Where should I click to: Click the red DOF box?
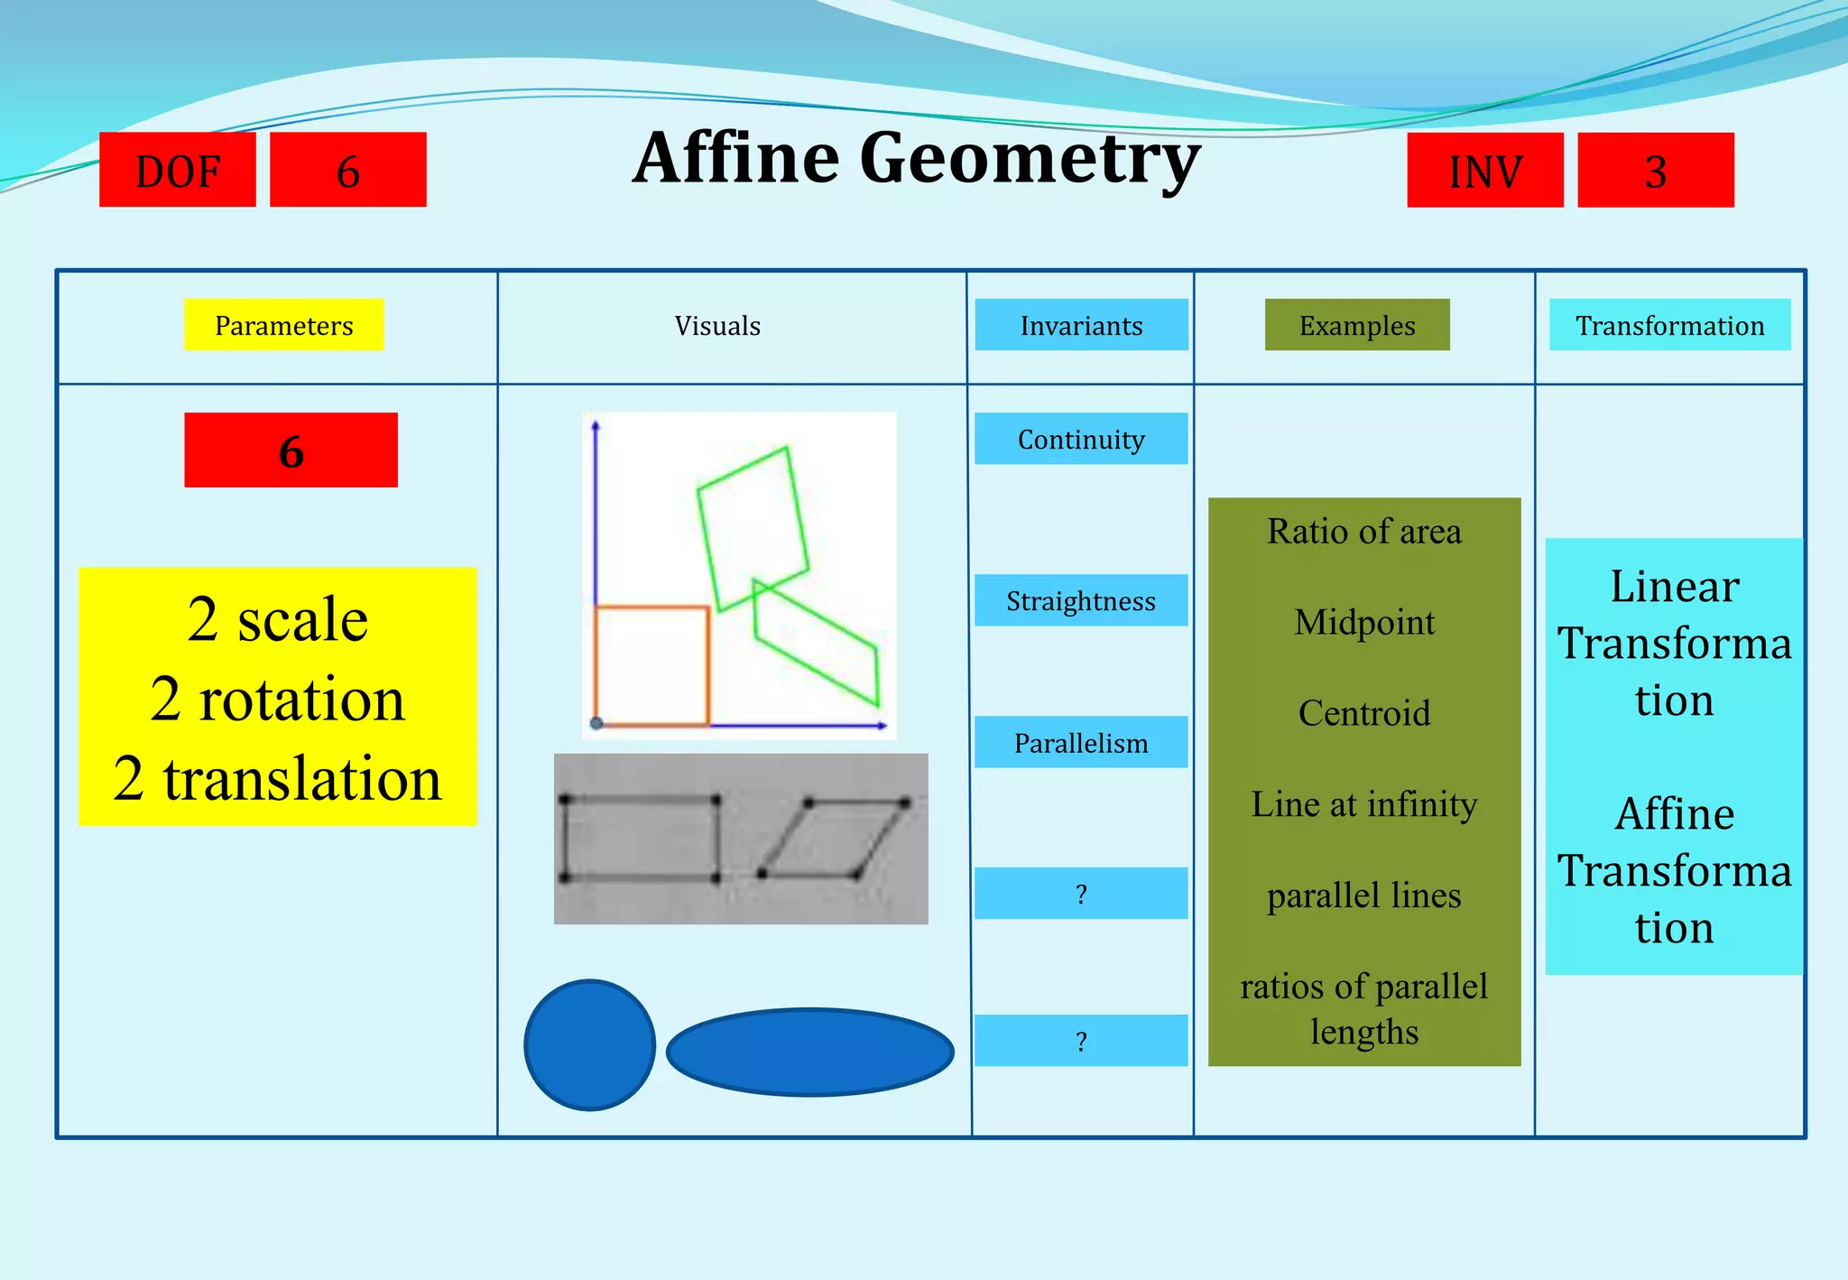[x=177, y=170]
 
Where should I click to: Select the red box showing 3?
[x=1655, y=170]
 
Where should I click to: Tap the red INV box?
[x=1484, y=170]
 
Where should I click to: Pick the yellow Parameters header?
[x=283, y=325]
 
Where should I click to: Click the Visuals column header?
[x=717, y=325]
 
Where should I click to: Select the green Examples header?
[x=1356, y=325]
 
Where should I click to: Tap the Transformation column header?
[x=1669, y=325]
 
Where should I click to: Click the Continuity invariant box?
[x=1080, y=439]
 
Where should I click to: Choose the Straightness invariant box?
[x=1080, y=600]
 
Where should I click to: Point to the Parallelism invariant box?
[x=1080, y=742]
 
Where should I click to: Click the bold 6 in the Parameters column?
[x=291, y=450]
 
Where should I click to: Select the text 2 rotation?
[x=278, y=699]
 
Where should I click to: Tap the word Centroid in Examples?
[x=1363, y=713]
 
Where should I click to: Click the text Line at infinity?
[x=1363, y=803]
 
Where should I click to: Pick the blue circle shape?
[x=589, y=1044]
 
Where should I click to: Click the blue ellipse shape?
[x=809, y=1052]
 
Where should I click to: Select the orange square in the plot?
[x=651, y=665]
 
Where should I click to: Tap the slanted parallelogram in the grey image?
[x=832, y=838]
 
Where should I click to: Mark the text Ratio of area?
[x=1363, y=531]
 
